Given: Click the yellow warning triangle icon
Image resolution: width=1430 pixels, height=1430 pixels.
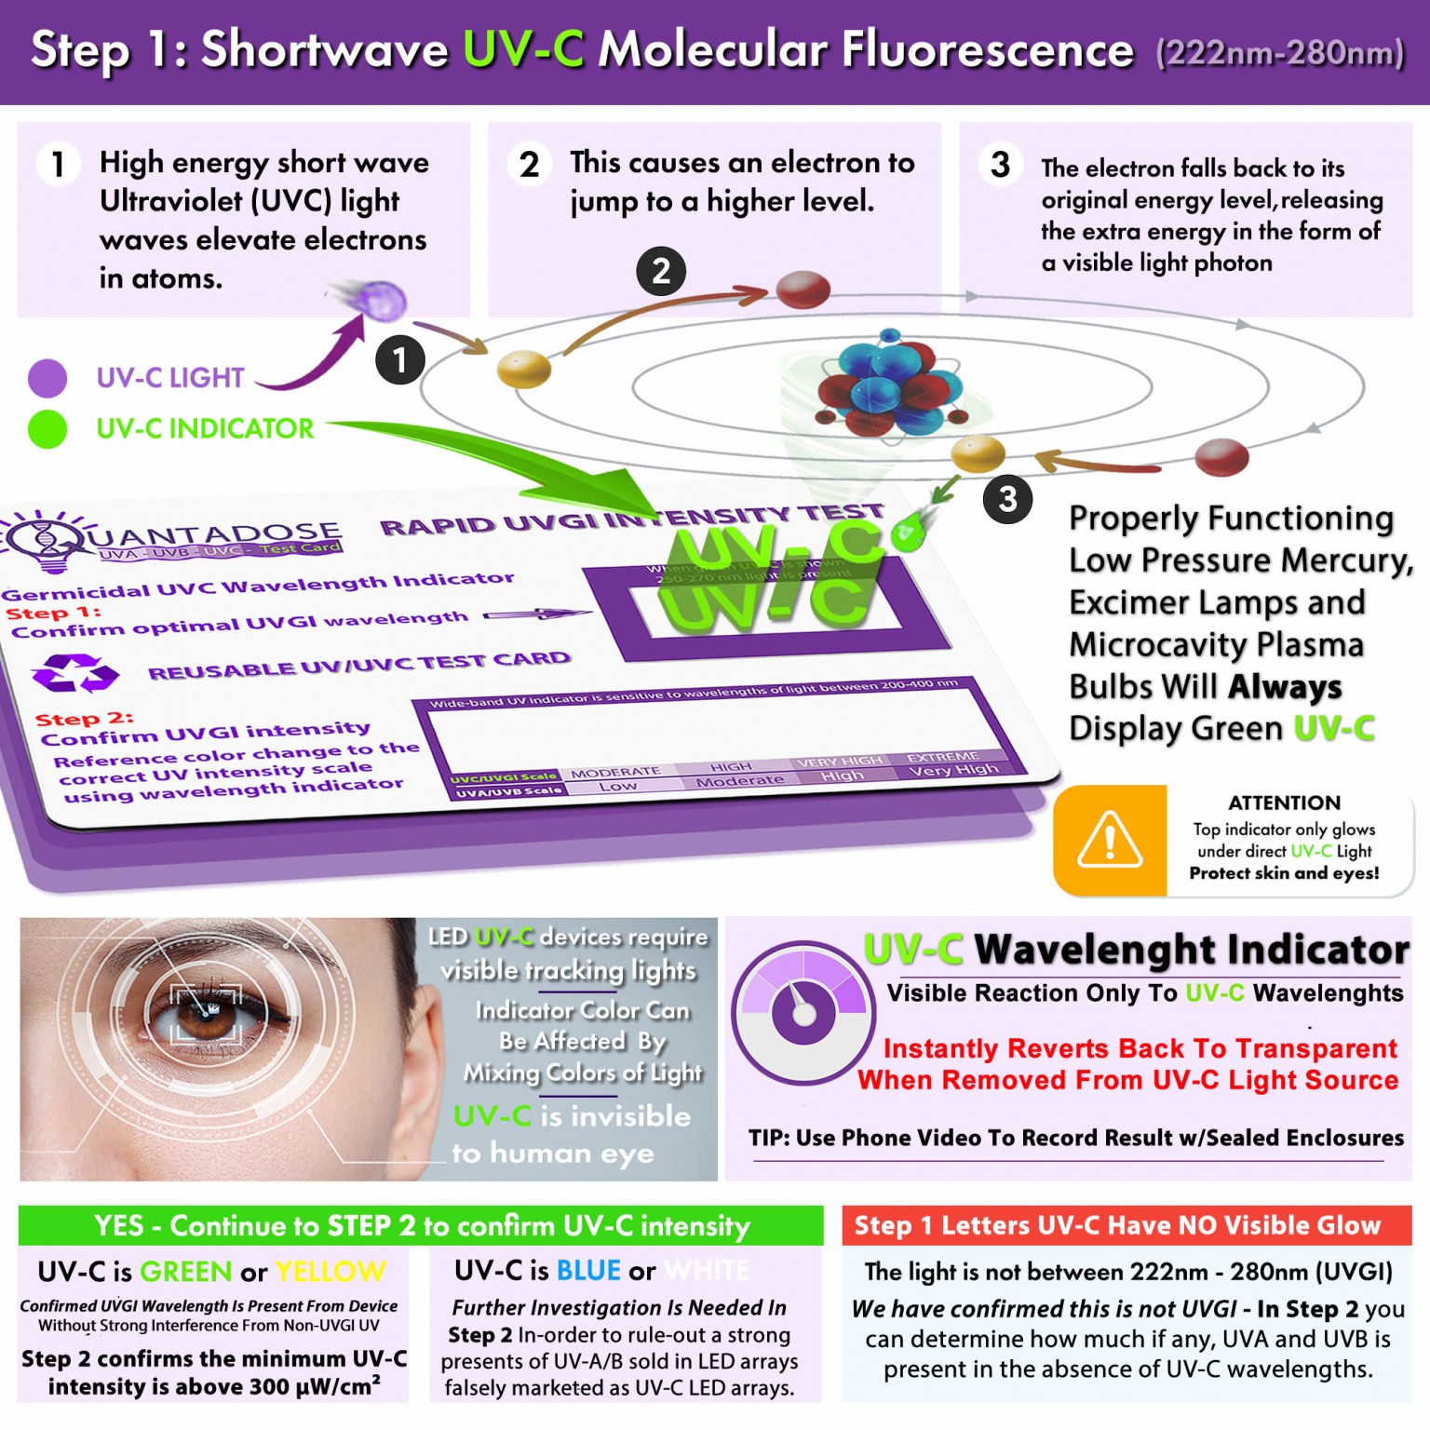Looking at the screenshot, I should pyautogui.click(x=1109, y=839).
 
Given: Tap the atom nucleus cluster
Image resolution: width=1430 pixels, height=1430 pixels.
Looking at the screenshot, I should pyautogui.click(x=889, y=383).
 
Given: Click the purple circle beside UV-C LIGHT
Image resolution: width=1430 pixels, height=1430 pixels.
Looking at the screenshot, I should pyautogui.click(x=47, y=378).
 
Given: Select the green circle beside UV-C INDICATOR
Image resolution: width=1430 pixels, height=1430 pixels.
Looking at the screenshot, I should pyautogui.click(x=47, y=429).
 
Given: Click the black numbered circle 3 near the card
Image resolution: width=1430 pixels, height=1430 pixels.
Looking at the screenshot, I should pyautogui.click(x=1007, y=499).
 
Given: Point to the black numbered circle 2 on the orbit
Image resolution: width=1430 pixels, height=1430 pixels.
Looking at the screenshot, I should pyautogui.click(x=661, y=271).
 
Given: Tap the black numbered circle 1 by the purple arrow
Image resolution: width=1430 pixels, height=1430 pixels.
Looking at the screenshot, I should pyautogui.click(x=400, y=360).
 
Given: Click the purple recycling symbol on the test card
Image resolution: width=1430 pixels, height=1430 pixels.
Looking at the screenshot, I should pyautogui.click(x=74, y=672).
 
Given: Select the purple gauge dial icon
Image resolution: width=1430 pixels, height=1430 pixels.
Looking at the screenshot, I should pyautogui.click(x=803, y=1012).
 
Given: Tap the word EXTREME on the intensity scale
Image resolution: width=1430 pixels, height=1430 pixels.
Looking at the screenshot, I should pyautogui.click(x=942, y=757).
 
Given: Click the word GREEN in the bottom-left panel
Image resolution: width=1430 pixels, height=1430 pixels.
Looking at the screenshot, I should pyautogui.click(x=186, y=1272).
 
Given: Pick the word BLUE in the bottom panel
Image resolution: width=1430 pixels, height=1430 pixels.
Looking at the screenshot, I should pyautogui.click(x=588, y=1271).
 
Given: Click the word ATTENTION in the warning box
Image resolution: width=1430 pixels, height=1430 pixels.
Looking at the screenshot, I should pyautogui.click(x=1284, y=803).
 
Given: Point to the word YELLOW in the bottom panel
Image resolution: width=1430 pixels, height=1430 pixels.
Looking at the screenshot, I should pyautogui.click(x=331, y=1272).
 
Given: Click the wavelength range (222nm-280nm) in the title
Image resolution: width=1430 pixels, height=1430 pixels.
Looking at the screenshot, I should pyautogui.click(x=1280, y=53).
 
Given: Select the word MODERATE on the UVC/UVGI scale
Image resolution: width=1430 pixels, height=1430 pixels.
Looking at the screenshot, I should pyautogui.click(x=615, y=773).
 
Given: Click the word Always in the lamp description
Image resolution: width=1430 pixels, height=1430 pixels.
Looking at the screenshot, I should pyautogui.click(x=1285, y=687).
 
